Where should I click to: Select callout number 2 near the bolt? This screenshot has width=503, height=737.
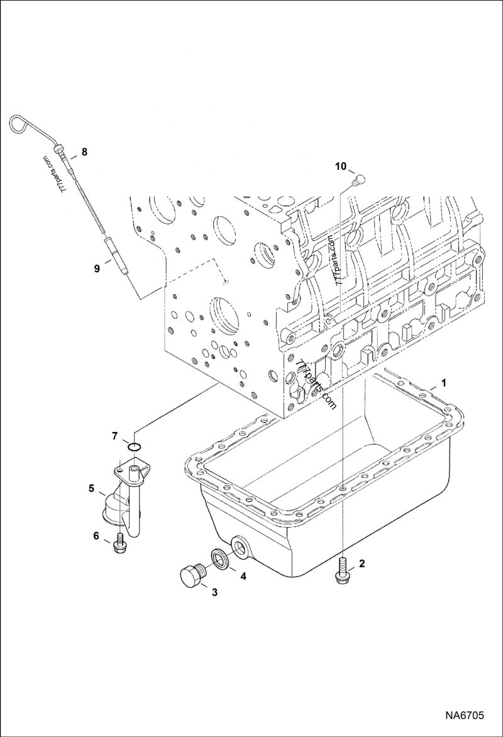pos(362,563)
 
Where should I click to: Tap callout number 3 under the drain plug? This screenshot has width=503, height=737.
pos(214,592)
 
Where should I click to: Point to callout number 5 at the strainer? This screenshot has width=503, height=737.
pos(92,487)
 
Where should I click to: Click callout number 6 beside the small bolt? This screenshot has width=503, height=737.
pos(97,536)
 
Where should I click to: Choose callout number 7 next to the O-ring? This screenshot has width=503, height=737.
pos(114,435)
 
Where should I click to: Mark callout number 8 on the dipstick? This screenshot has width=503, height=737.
pos(84,152)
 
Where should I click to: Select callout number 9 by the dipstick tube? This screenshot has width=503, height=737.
pos(97,269)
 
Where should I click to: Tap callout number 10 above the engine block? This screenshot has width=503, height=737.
pos(340,167)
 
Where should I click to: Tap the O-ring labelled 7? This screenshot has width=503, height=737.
pos(133,447)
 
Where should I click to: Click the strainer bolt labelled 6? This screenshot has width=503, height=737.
pos(119,544)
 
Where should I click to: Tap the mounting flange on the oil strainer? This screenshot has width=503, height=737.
pos(133,468)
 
